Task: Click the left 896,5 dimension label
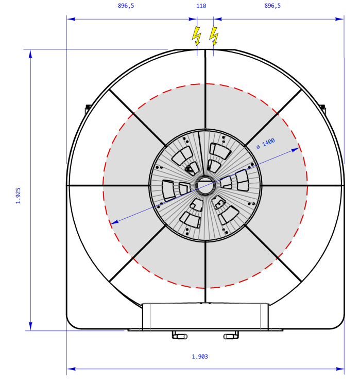(126, 6)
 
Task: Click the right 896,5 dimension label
(272, 6)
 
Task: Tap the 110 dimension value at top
(201, 6)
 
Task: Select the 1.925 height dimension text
(18, 196)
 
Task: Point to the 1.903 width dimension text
(200, 357)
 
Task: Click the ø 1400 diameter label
(265, 144)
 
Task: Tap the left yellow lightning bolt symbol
(196, 36)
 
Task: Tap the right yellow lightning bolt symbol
(214, 36)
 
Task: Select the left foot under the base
(180, 335)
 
